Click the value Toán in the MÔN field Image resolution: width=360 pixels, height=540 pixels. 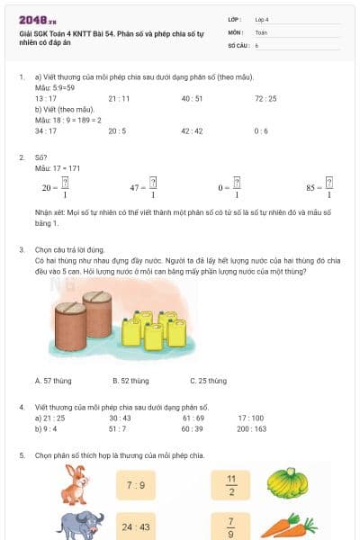261,31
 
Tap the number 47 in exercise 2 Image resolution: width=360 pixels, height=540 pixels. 138,188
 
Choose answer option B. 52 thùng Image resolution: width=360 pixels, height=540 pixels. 130,381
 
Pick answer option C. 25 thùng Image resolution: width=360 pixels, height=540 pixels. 208,381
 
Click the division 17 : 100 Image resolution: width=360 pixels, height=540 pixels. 251,418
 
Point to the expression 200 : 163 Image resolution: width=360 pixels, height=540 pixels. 252,428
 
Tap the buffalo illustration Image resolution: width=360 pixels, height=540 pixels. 76,525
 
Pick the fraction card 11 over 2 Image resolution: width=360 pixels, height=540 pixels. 231,485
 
